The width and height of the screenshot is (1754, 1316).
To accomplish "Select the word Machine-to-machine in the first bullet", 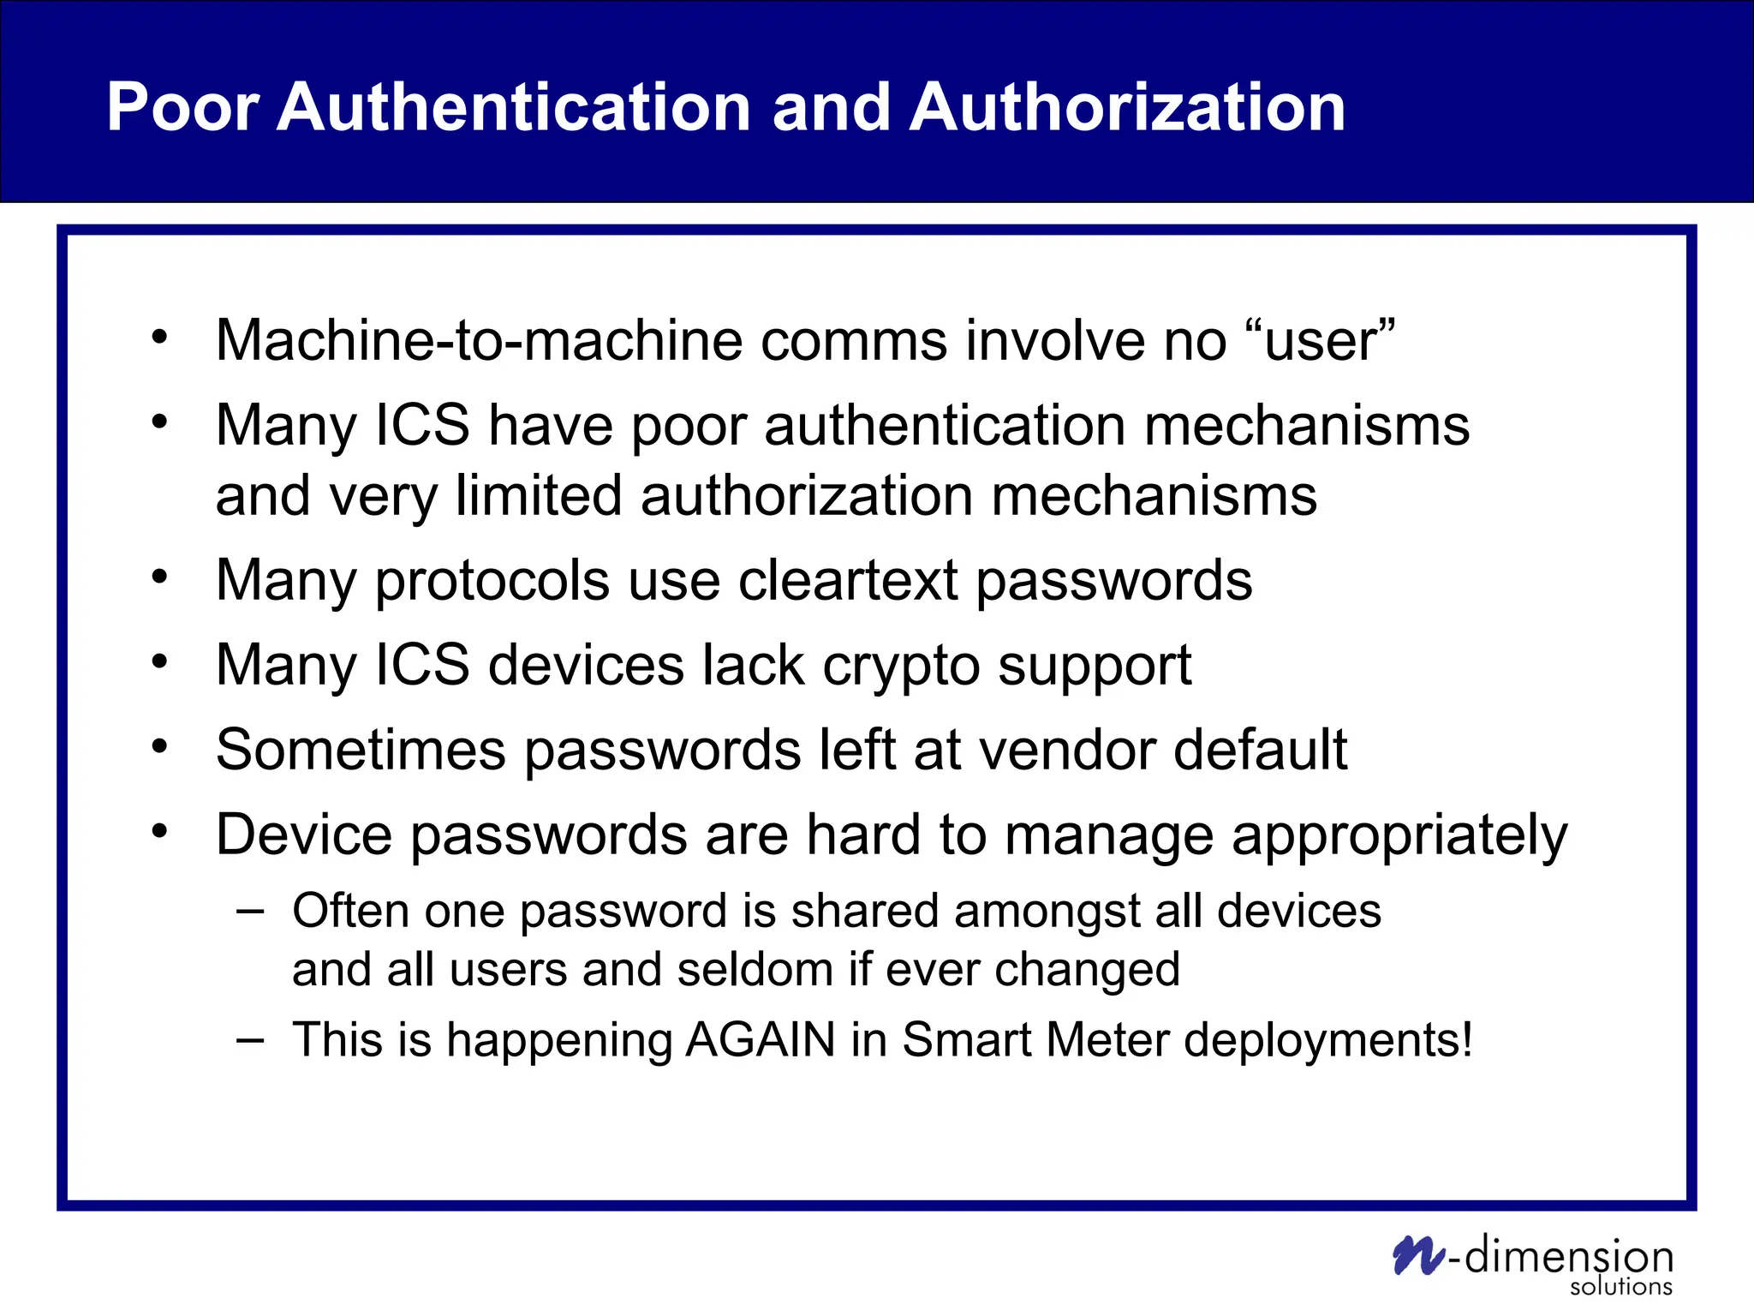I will click(x=479, y=340).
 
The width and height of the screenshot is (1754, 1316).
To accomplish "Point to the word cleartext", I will click(x=848, y=581).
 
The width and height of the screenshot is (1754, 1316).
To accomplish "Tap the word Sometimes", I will click(x=361, y=750).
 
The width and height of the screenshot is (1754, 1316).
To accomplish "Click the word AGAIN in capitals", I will click(x=760, y=1040).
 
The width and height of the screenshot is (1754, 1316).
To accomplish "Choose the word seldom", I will click(x=755, y=970).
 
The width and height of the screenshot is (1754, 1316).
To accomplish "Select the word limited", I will click(x=538, y=496).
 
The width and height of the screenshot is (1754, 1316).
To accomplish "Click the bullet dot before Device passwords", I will click(x=159, y=830).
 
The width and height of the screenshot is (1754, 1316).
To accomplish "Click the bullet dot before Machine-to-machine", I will click(x=159, y=337).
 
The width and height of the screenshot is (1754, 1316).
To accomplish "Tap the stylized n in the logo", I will click(x=1418, y=1255).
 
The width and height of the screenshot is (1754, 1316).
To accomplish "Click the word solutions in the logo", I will click(x=1620, y=1287).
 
